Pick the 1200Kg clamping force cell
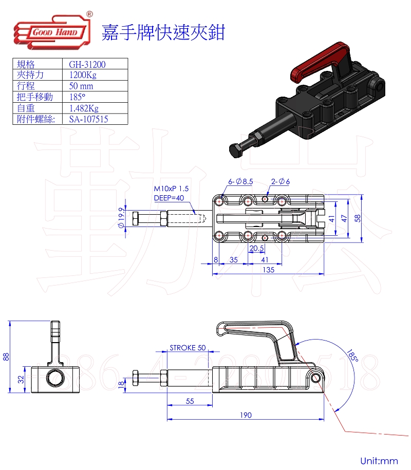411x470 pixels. coord(83,75)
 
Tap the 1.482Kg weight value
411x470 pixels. coord(83,108)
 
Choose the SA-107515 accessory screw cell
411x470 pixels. coord(88,119)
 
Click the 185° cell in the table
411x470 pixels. coord(77,97)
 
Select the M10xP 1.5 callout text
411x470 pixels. coord(171,189)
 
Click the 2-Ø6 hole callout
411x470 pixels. coord(281,181)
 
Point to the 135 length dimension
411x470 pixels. coord(268,269)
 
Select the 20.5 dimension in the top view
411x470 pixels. coord(256,248)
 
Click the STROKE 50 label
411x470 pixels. coord(188,348)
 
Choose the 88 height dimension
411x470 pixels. coord(6,356)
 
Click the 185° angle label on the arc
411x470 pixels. coord(352,355)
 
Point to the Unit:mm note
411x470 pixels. coord(379,460)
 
